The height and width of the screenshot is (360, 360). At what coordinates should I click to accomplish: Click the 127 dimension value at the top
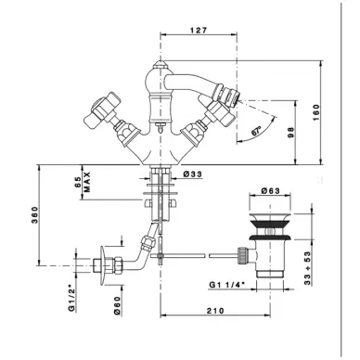[x=198, y=30]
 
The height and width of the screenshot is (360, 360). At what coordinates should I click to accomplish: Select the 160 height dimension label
[x=316, y=113]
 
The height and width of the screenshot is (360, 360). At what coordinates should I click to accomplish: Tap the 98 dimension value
[x=291, y=132]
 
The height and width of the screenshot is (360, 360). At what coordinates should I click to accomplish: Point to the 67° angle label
[x=256, y=131]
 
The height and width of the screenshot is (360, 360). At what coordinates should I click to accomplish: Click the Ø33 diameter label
[x=192, y=174]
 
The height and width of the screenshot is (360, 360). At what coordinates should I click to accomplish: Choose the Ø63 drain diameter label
[x=270, y=191]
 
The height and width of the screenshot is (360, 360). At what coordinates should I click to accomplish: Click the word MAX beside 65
[x=87, y=182]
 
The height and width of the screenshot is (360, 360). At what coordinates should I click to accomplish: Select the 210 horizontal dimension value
[x=215, y=311]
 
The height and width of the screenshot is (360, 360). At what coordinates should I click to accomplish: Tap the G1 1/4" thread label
[x=226, y=285]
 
